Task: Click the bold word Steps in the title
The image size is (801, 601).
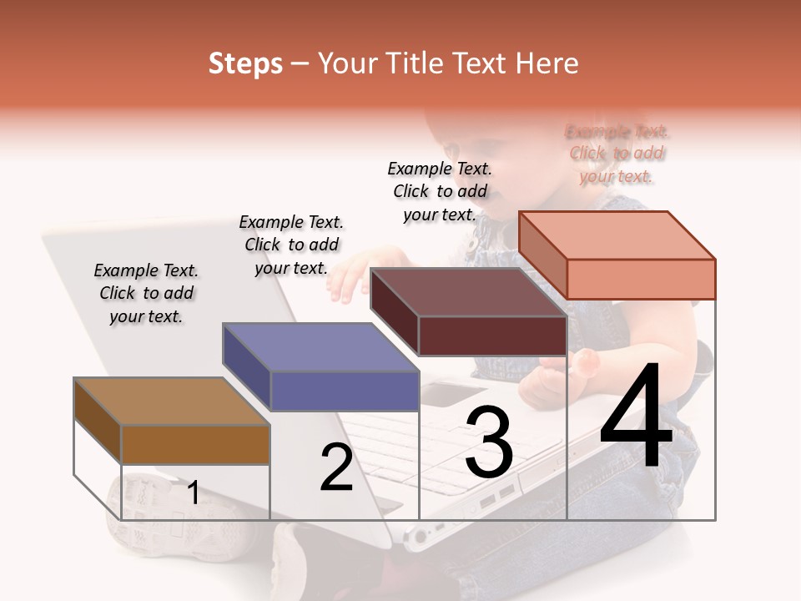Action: point(245,63)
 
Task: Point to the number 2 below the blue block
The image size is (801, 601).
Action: point(336,467)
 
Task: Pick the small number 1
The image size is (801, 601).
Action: point(193,492)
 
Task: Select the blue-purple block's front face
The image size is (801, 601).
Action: point(345,391)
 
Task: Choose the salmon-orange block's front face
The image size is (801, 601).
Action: point(641,279)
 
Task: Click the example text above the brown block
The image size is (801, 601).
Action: point(146,293)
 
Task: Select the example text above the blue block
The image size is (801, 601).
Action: point(291,245)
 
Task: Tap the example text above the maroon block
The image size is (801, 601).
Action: point(440,191)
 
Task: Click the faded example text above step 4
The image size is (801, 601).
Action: point(617,154)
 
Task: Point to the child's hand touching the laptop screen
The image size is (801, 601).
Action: point(345,281)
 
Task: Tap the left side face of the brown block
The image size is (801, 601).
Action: point(98,422)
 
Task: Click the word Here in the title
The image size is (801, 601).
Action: point(547,63)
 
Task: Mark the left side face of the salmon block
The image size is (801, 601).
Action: point(542,255)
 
